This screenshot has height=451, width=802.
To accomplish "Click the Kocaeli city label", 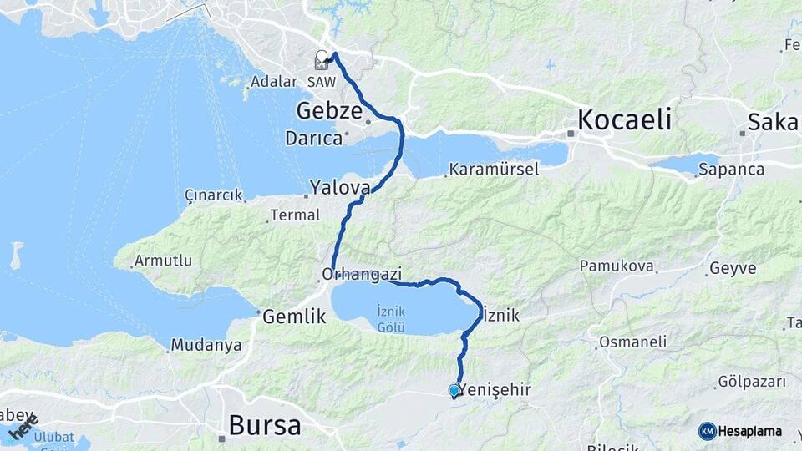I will pyautogui.click(x=624, y=119).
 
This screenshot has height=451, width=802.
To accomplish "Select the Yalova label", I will pyautogui.click(x=339, y=188).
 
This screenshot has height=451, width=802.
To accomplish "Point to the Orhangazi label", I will pyautogui.click(x=363, y=274).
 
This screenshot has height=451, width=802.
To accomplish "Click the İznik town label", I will pyautogui.click(x=502, y=315).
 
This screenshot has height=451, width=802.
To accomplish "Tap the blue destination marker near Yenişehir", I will pyautogui.click(x=454, y=390).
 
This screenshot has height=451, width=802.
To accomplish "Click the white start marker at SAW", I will pyautogui.click(x=322, y=57).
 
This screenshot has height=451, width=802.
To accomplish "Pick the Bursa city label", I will pyautogui.click(x=264, y=425).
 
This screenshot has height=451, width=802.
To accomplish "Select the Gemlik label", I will pyautogui.click(x=294, y=317).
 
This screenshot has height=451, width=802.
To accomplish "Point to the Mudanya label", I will pyautogui.click(x=206, y=345).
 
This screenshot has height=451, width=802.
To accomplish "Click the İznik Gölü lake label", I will pyautogui.click(x=391, y=318).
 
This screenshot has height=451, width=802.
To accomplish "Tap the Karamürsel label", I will pyautogui.click(x=494, y=170).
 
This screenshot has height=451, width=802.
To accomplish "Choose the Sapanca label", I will pyautogui.click(x=732, y=170).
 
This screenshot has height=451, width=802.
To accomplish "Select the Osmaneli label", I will pyautogui.click(x=632, y=342).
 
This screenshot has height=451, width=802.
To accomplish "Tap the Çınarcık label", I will pyautogui.click(x=213, y=195).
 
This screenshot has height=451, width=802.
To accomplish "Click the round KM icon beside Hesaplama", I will pyautogui.click(x=708, y=431).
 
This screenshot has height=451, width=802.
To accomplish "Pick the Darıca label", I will pyautogui.click(x=314, y=139).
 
